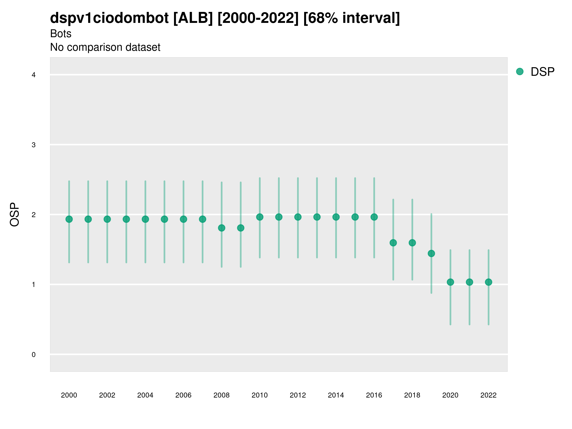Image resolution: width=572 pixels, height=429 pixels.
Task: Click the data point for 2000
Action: pyautogui.click(x=69, y=219)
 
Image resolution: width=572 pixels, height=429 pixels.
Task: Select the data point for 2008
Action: pyautogui.click(x=222, y=228)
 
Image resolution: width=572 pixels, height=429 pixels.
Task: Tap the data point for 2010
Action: pyautogui.click(x=260, y=217)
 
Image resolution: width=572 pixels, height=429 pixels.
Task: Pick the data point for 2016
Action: pyautogui.click(x=374, y=217)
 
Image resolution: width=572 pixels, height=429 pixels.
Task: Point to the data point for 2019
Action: pyautogui.click(x=431, y=253)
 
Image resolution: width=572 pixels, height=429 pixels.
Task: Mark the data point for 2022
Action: pyautogui.click(x=489, y=282)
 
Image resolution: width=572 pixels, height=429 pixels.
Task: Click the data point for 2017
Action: pyautogui.click(x=393, y=243)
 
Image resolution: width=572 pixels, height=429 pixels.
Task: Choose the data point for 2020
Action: pyautogui.click(x=450, y=282)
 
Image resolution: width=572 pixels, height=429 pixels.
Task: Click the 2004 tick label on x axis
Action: pyautogui.click(x=145, y=395)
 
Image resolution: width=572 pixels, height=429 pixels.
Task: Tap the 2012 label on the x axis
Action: pyautogui.click(x=298, y=395)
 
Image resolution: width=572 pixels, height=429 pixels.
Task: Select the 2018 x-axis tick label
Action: pyautogui.click(x=412, y=395)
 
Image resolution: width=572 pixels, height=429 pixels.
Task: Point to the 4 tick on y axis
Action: pyautogui.click(x=34, y=75)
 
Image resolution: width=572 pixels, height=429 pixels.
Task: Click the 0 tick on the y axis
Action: pyautogui.click(x=34, y=355)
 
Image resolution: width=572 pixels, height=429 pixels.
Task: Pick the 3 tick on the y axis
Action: pyautogui.click(x=34, y=145)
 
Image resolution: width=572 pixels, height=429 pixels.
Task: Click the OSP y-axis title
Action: pyautogui.click(x=15, y=214)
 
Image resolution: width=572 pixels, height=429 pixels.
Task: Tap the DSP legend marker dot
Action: pyautogui.click(x=520, y=72)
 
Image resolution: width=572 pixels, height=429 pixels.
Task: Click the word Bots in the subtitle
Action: pyautogui.click(x=61, y=34)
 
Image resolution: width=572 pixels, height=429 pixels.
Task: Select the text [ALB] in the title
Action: pyautogui.click(x=193, y=18)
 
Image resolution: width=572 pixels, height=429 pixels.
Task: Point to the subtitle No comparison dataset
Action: pyautogui.click(x=105, y=47)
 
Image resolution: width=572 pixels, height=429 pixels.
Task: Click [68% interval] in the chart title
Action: pyautogui.click(x=352, y=18)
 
